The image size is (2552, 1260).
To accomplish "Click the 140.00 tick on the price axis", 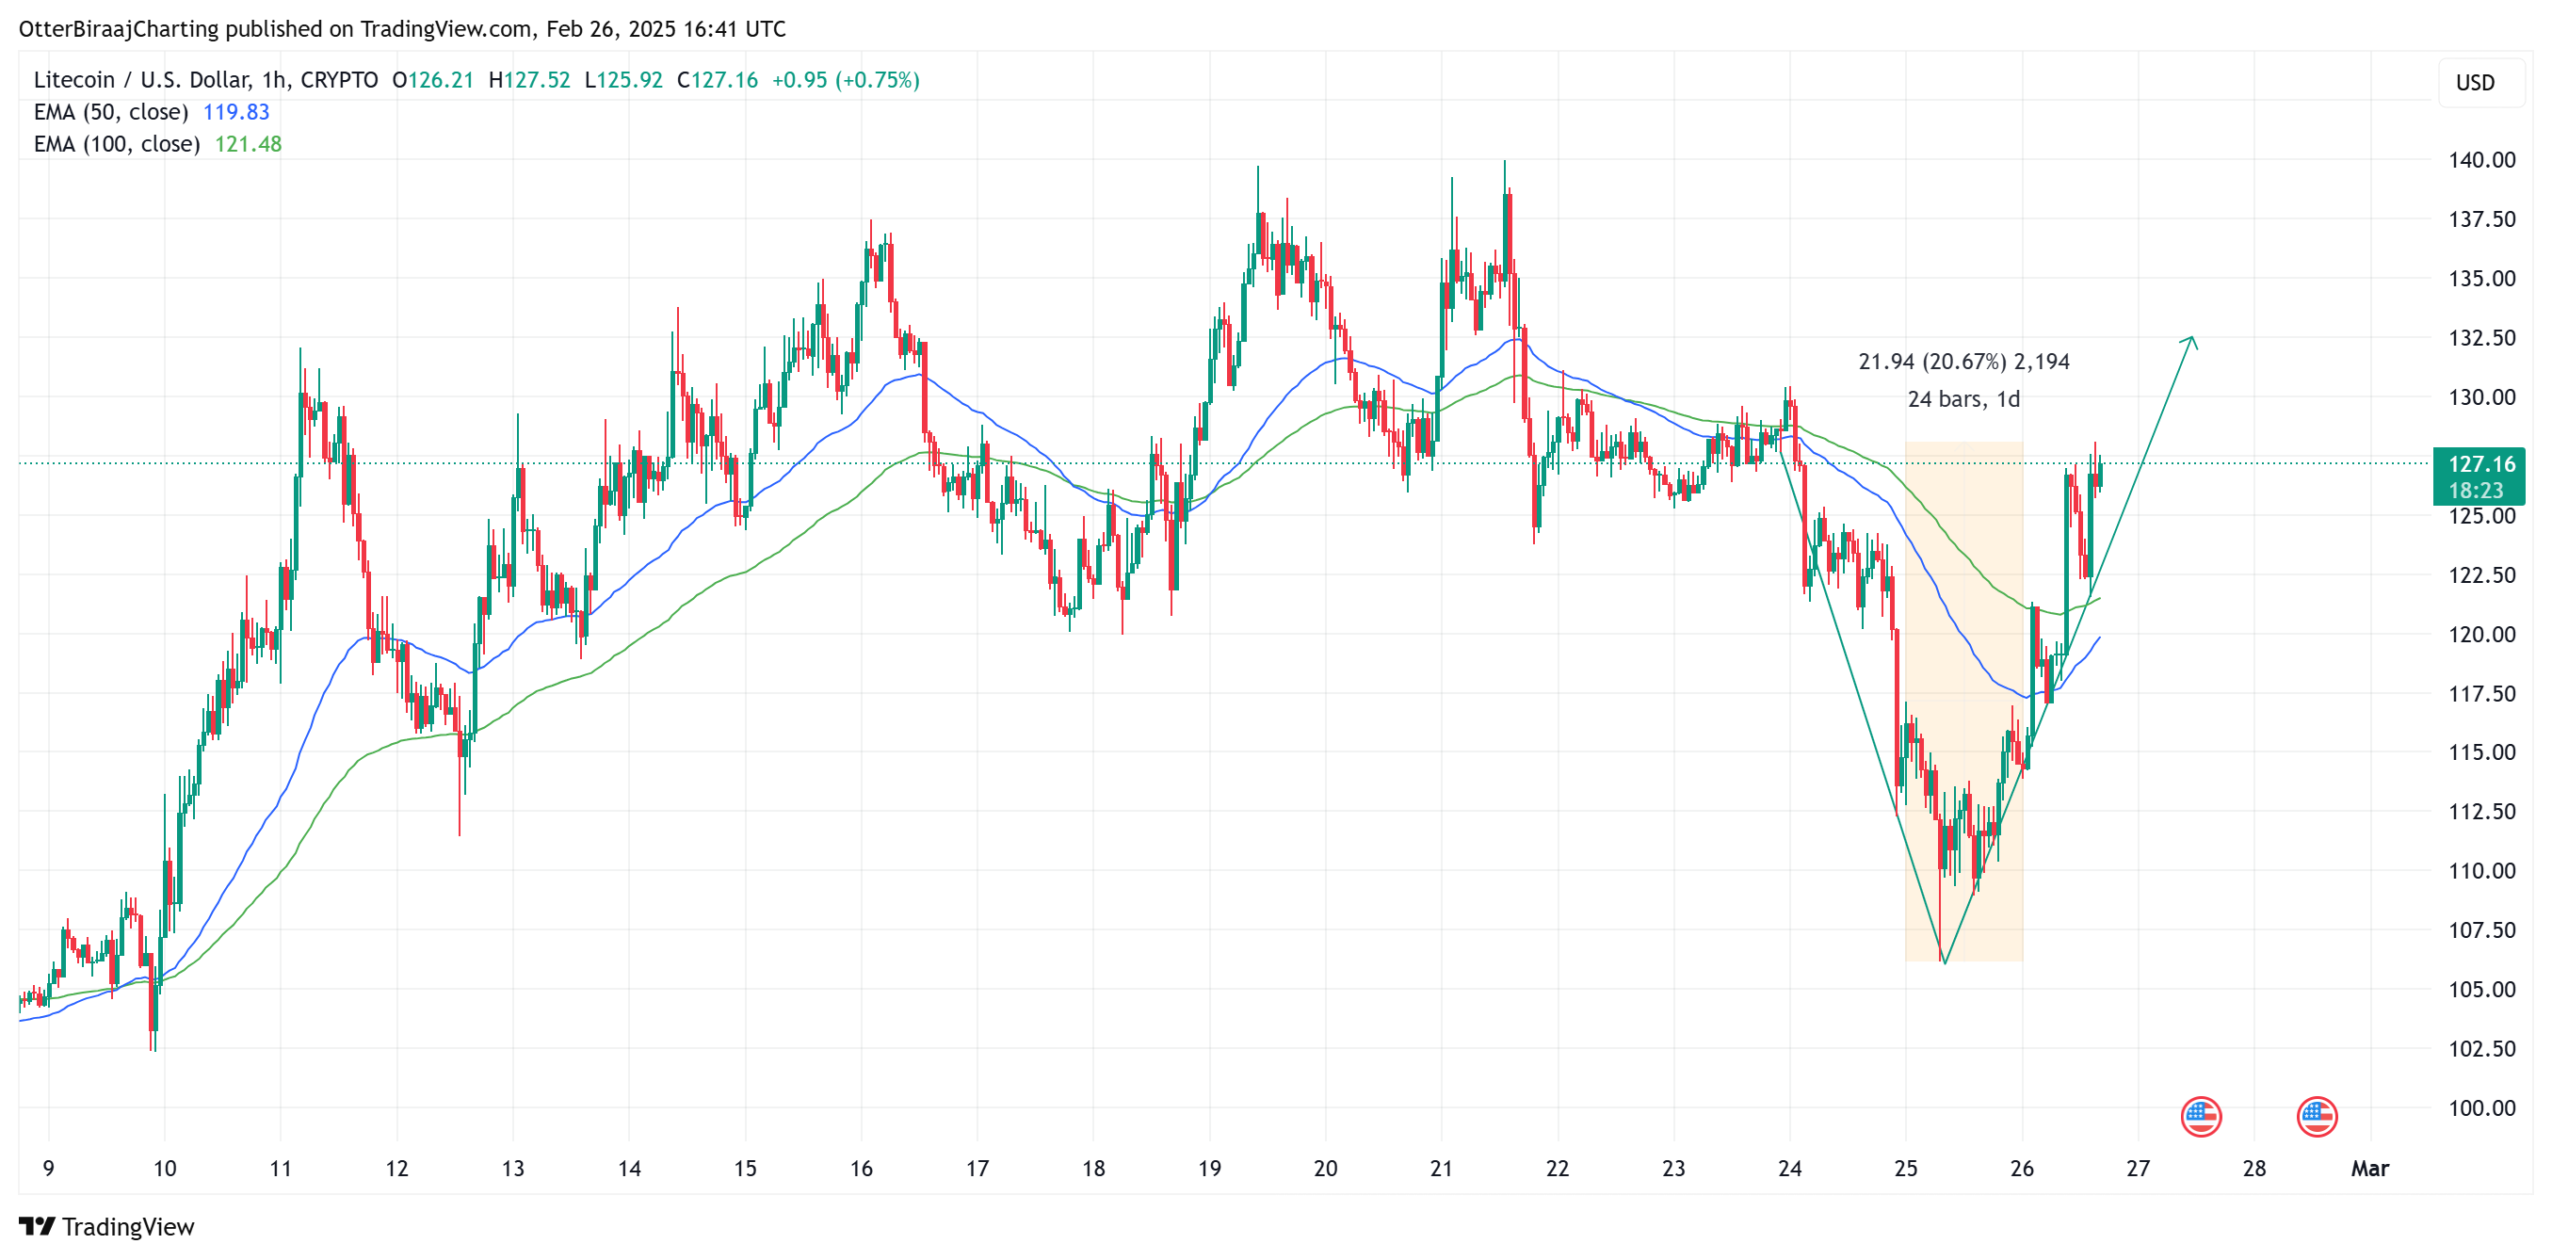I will (x=2480, y=159).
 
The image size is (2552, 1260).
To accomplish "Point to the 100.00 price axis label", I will (x=2480, y=1108).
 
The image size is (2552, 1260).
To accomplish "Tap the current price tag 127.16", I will (x=2480, y=463).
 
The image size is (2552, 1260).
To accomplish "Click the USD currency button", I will (x=2474, y=83).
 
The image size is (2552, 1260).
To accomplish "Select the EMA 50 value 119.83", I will (x=235, y=112).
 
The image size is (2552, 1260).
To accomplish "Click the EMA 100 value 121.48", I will (x=248, y=145).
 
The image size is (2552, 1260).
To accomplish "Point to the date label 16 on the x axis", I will (x=861, y=1169).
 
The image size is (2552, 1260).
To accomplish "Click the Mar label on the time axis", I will (x=2368, y=1169).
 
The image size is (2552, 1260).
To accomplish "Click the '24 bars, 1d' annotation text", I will (x=1962, y=399).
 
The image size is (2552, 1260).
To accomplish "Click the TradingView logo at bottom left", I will (x=107, y=1226).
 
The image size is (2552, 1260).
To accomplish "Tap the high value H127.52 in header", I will (x=529, y=80).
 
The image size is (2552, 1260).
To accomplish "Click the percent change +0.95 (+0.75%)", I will (x=845, y=80).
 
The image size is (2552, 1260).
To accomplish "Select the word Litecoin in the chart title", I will (x=74, y=80).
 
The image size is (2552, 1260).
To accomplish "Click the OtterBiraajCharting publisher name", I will (x=119, y=29).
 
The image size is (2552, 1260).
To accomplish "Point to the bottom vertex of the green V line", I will (x=1944, y=962).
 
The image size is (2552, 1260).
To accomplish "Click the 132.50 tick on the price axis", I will (x=2480, y=338).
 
